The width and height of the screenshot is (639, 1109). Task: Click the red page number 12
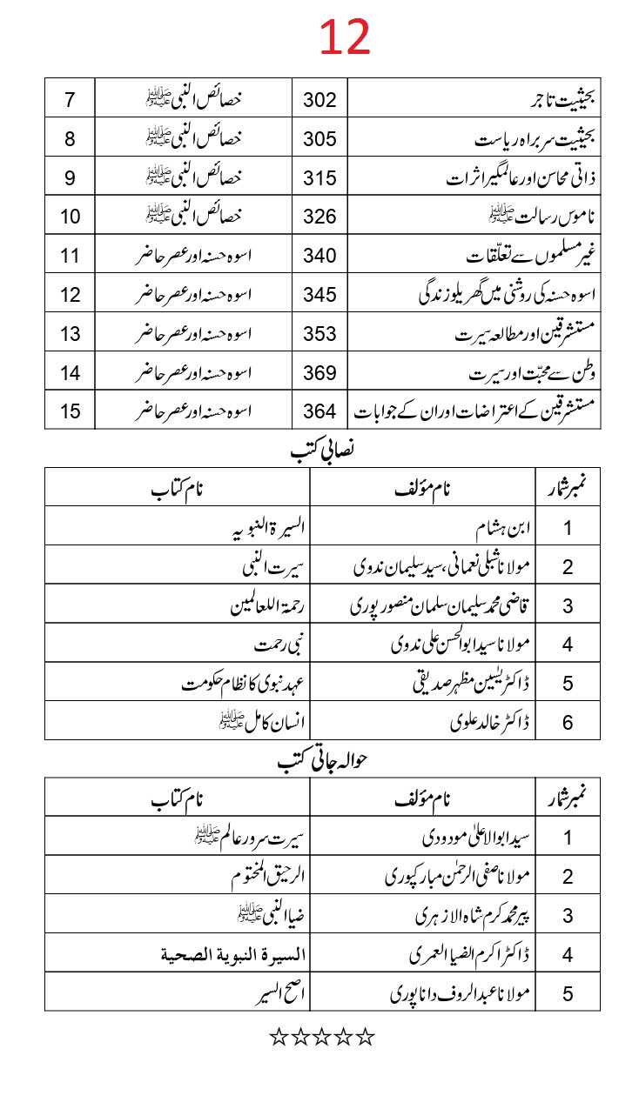coord(345,37)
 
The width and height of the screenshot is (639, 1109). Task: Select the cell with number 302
coord(319,98)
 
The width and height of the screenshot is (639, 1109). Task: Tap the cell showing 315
coord(319,177)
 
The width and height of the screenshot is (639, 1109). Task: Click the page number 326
coord(319,216)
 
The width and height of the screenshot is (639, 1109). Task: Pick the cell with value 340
coord(319,255)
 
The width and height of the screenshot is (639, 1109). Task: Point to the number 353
coord(319,333)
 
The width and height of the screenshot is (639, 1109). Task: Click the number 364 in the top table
coord(319,411)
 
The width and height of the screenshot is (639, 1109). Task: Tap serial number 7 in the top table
coord(71,98)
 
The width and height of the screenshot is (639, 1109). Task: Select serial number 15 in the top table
coord(71,411)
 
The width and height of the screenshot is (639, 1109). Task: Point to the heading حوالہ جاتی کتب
coord(322,762)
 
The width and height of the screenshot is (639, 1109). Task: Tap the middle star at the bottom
coord(322,1036)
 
